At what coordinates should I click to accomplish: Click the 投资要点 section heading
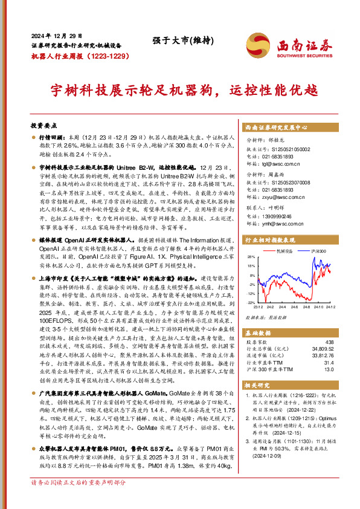click(43, 126)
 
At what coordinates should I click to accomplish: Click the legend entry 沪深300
click(318, 250)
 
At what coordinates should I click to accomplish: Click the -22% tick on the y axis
click(252, 302)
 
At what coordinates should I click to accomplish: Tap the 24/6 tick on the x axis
click(295, 306)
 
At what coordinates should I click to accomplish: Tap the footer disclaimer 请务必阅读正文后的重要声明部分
click(79, 500)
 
